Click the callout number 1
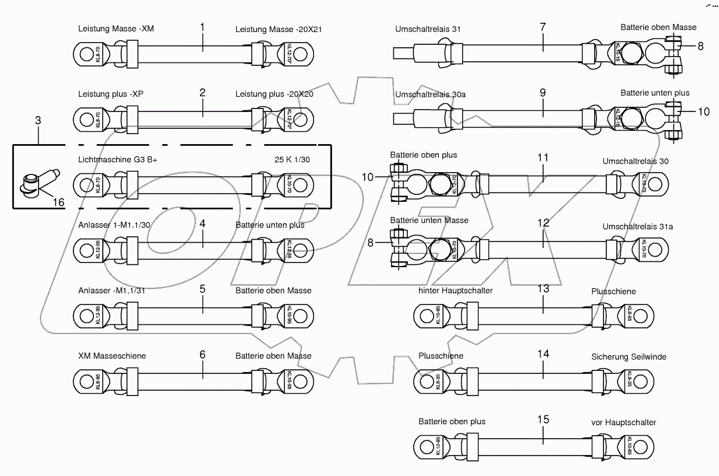point(203,27)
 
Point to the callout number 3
point(38,121)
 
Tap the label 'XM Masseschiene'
point(111,355)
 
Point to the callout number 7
point(543,27)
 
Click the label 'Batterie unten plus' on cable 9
point(654,93)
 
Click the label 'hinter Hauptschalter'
point(455,290)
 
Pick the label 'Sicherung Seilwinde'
point(628,356)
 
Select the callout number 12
point(543,223)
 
